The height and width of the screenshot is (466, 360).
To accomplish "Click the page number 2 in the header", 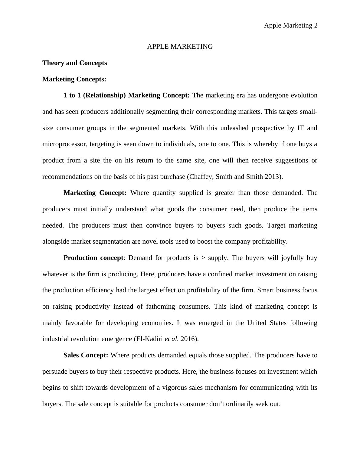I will [316, 25].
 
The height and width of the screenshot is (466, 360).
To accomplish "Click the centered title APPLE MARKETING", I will [180, 47].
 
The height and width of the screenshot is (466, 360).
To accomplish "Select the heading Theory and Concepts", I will [75, 63].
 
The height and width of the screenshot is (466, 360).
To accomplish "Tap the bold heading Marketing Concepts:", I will [74, 79].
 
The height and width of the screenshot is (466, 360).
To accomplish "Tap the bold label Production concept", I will [93, 258].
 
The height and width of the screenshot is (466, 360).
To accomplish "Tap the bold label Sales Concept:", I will [86, 355].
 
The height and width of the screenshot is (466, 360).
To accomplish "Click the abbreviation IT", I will [301, 128].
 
